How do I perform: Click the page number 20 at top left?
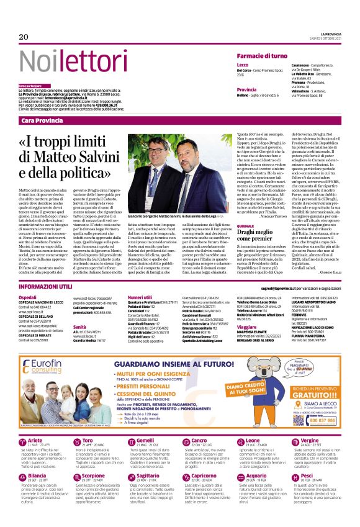[24, 37]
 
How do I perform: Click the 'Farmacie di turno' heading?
[261, 56]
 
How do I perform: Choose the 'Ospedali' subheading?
[28, 297]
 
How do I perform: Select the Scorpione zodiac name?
[93, 475]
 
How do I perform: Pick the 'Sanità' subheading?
[79, 327]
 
